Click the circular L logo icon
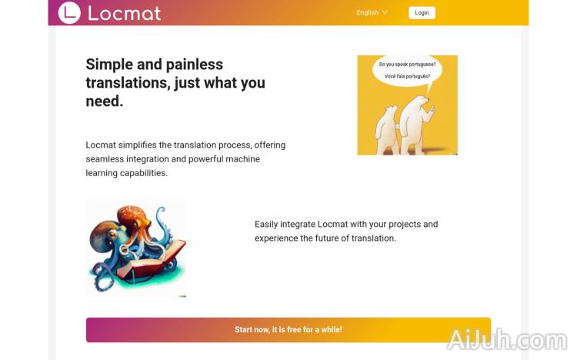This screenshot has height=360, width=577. click(69, 12)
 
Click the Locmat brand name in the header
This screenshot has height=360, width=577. click(124, 13)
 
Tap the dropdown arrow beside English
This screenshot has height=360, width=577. click(385, 12)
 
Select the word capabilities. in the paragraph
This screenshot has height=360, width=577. click(142, 173)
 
